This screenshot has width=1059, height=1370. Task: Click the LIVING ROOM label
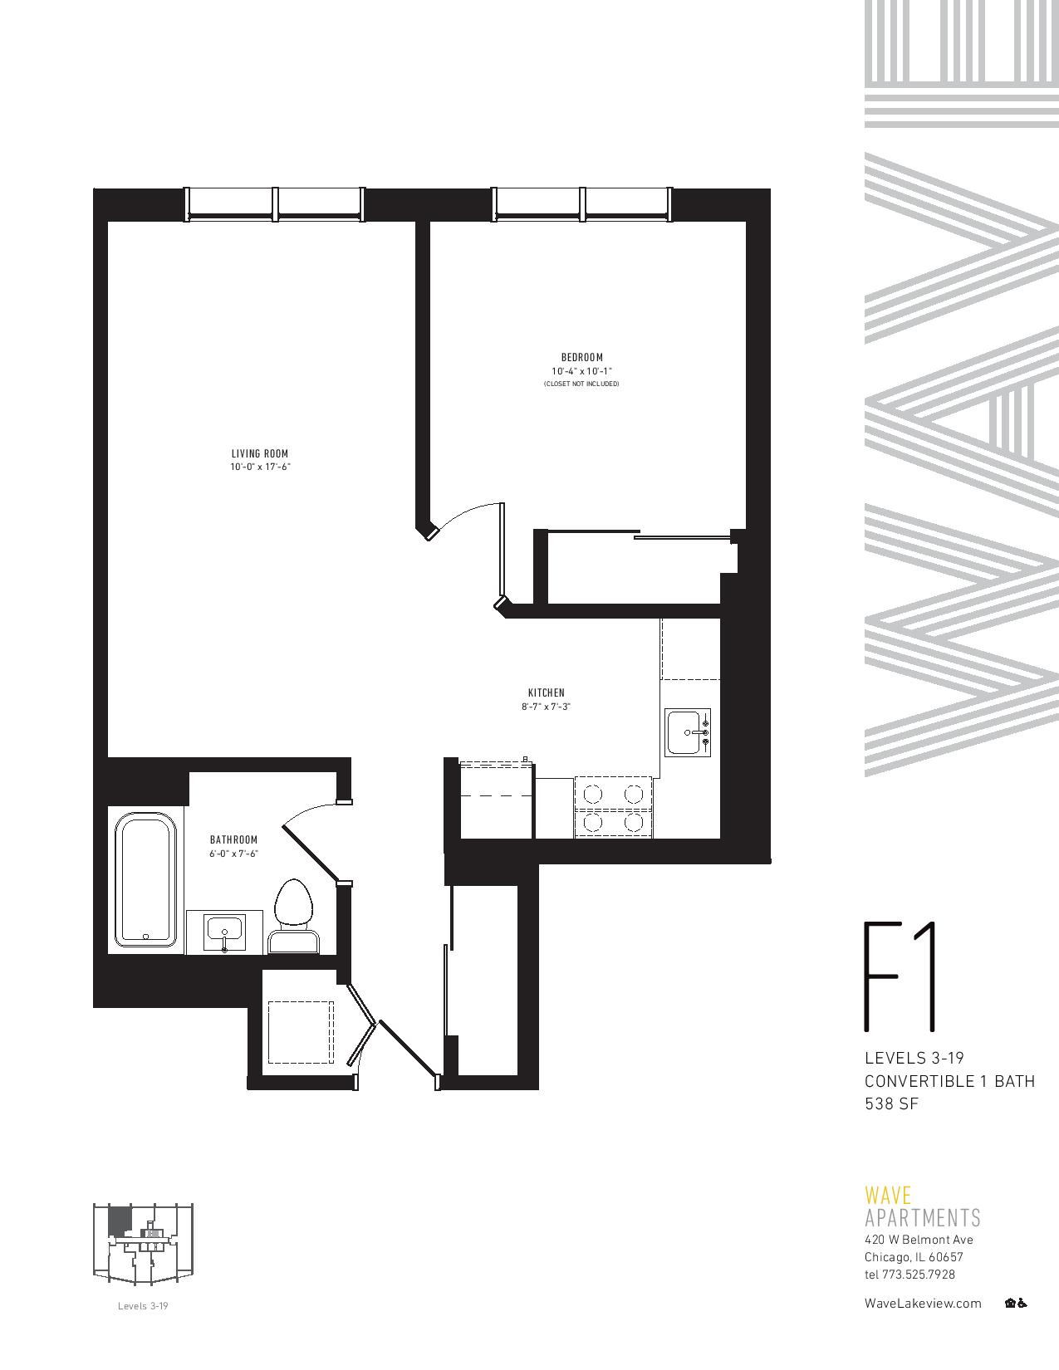click(259, 453)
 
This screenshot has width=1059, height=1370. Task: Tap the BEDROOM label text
click(581, 358)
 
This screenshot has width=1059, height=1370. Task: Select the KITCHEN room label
click(547, 692)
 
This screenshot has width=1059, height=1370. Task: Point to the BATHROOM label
click(233, 839)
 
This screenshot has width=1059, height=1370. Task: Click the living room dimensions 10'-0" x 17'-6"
click(260, 467)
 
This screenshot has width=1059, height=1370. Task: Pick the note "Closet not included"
click(581, 384)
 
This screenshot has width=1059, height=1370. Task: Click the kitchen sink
click(688, 732)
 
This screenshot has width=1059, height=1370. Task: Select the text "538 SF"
click(891, 1103)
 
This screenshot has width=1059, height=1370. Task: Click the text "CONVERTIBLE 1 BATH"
click(949, 1081)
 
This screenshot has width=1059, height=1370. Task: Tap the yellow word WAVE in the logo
click(887, 1196)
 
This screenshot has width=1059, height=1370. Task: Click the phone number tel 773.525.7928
click(909, 1275)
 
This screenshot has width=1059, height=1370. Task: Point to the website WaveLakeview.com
click(923, 1304)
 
